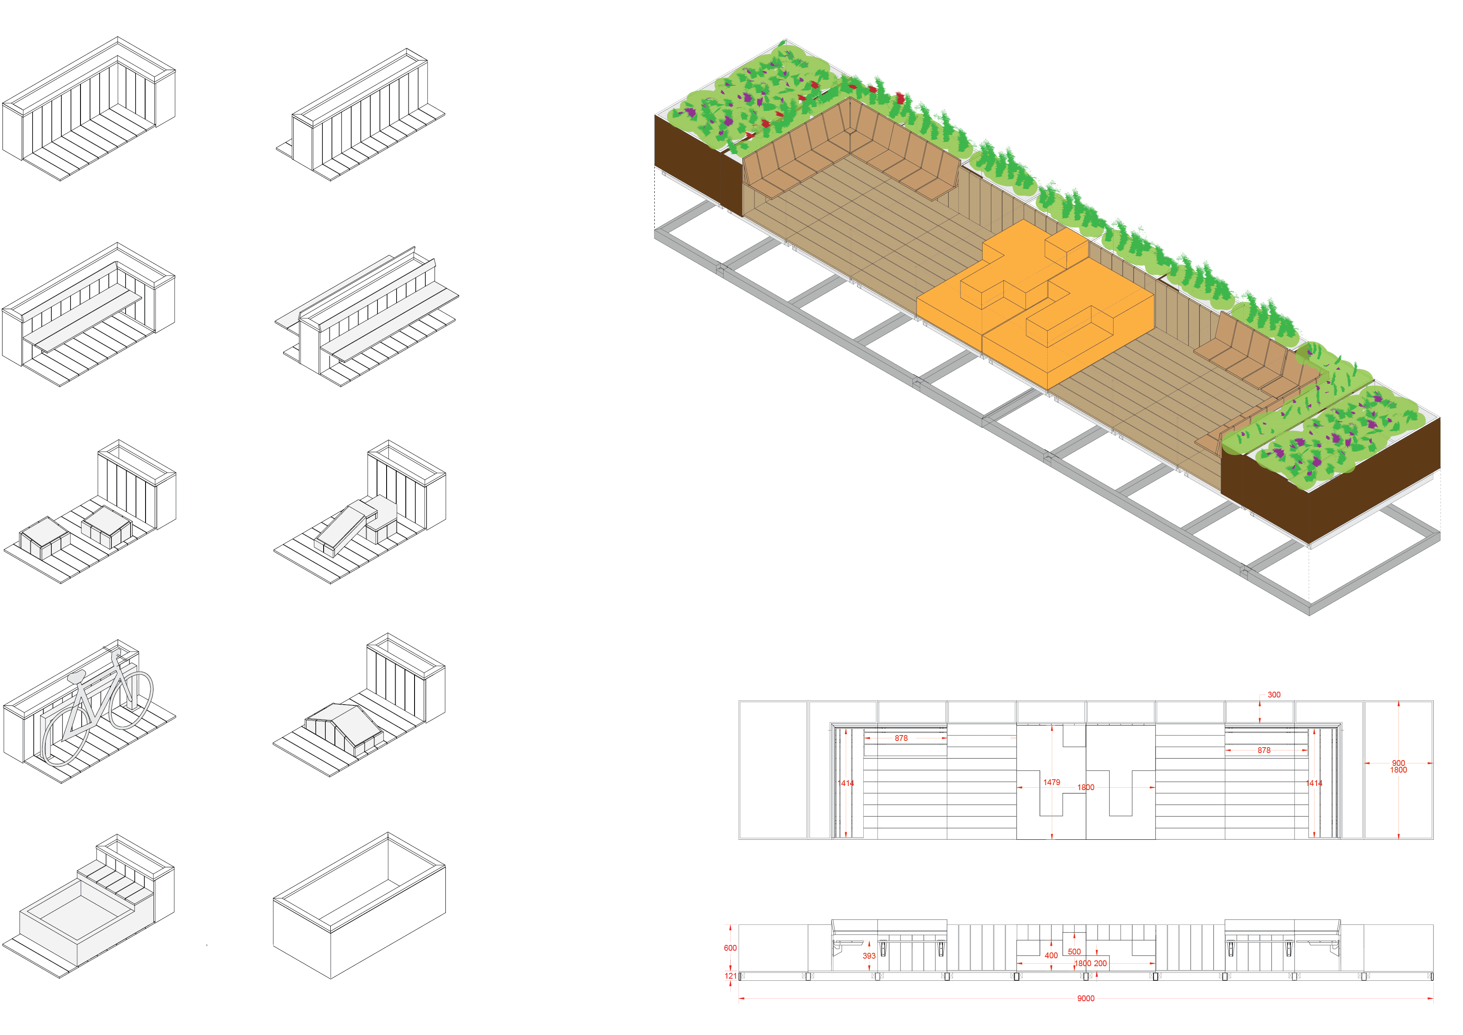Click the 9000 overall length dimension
[1086, 998]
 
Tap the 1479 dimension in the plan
[1051, 782]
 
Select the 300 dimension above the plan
[1274, 695]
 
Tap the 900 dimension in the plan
[1398, 763]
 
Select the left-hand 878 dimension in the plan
[901, 738]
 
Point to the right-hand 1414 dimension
[1314, 783]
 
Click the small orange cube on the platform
[1066, 249]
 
